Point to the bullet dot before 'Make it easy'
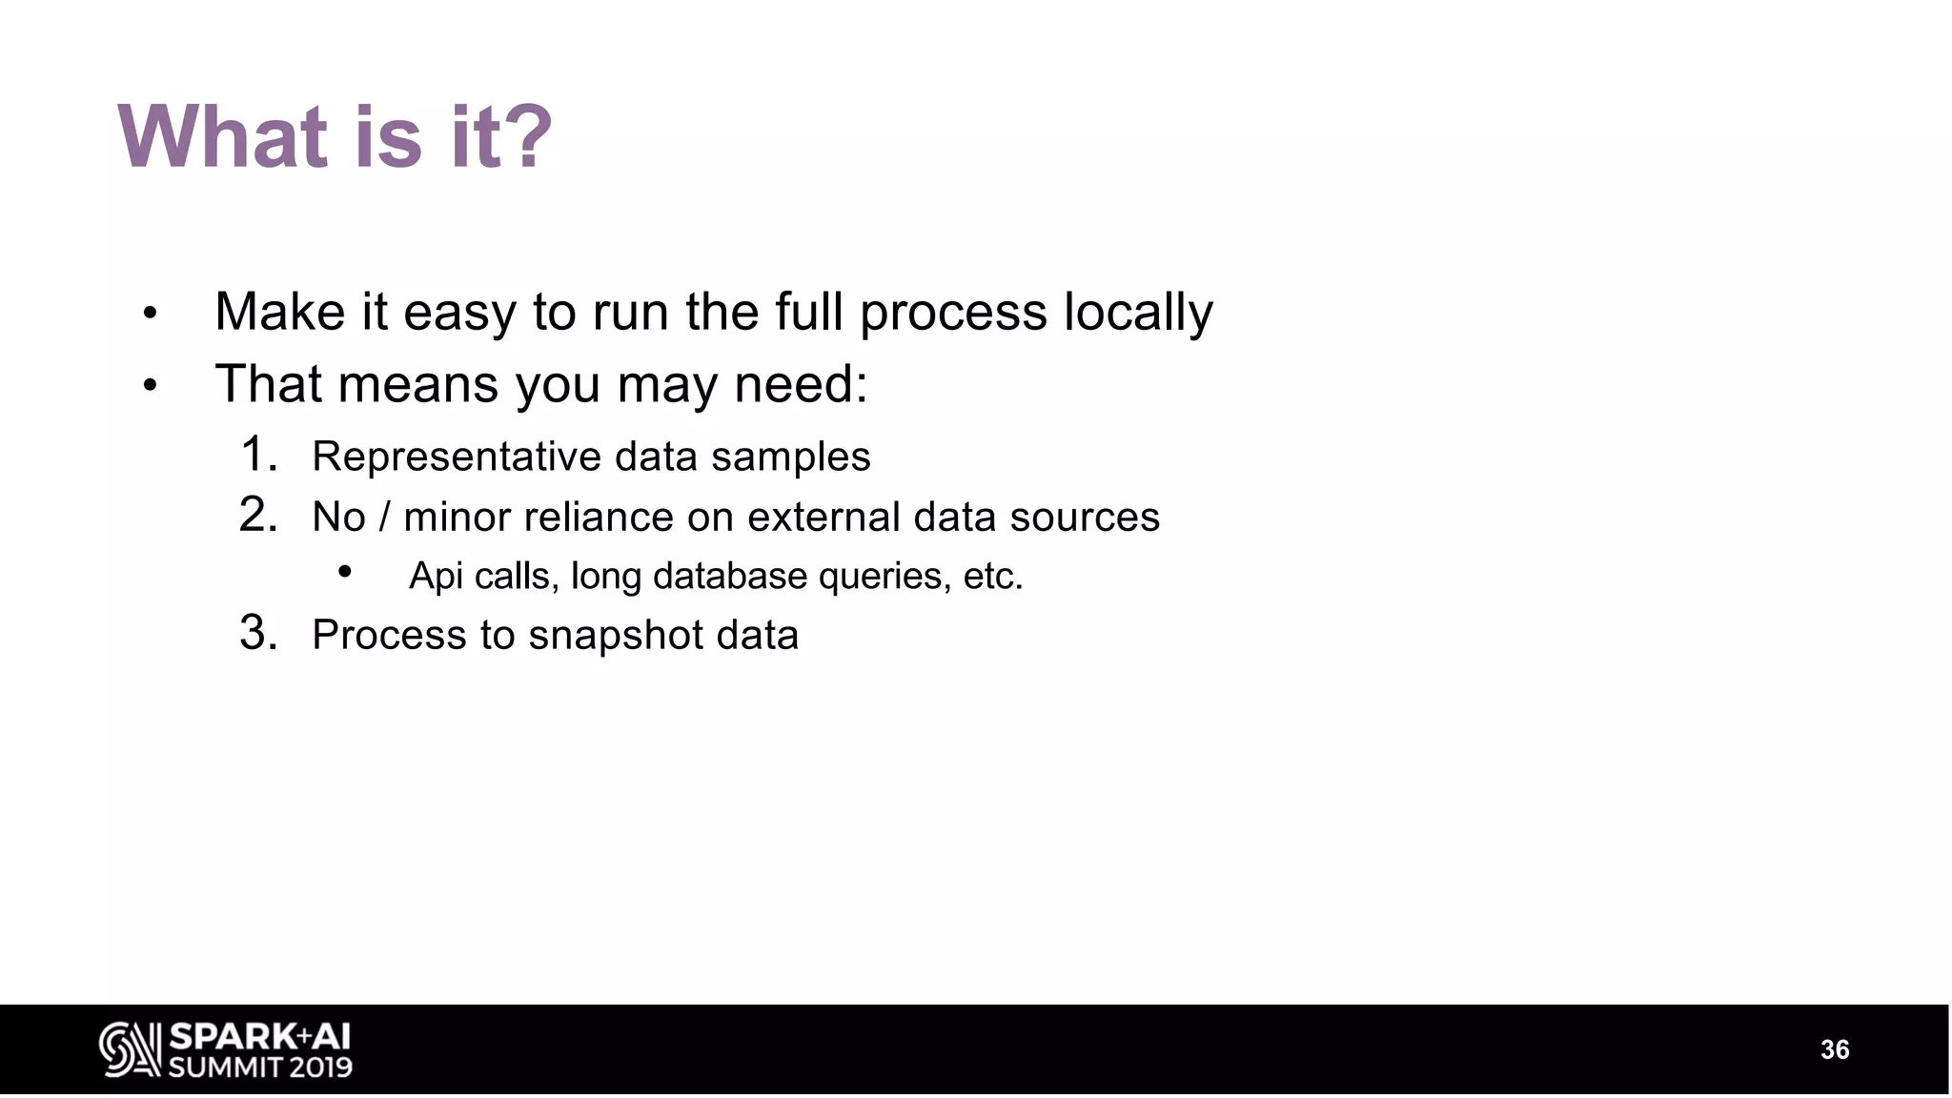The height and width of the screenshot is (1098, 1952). click(150, 314)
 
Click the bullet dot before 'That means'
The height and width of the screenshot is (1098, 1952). click(150, 386)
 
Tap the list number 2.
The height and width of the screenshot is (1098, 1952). click(257, 515)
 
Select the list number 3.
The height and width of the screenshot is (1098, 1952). click(257, 633)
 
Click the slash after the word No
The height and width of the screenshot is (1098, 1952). click(384, 518)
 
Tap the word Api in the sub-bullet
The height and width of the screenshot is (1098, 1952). click(436, 577)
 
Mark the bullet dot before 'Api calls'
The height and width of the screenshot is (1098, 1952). click(345, 572)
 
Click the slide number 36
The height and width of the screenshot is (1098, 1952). click(1835, 1049)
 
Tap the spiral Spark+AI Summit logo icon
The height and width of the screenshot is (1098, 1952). click(130, 1049)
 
